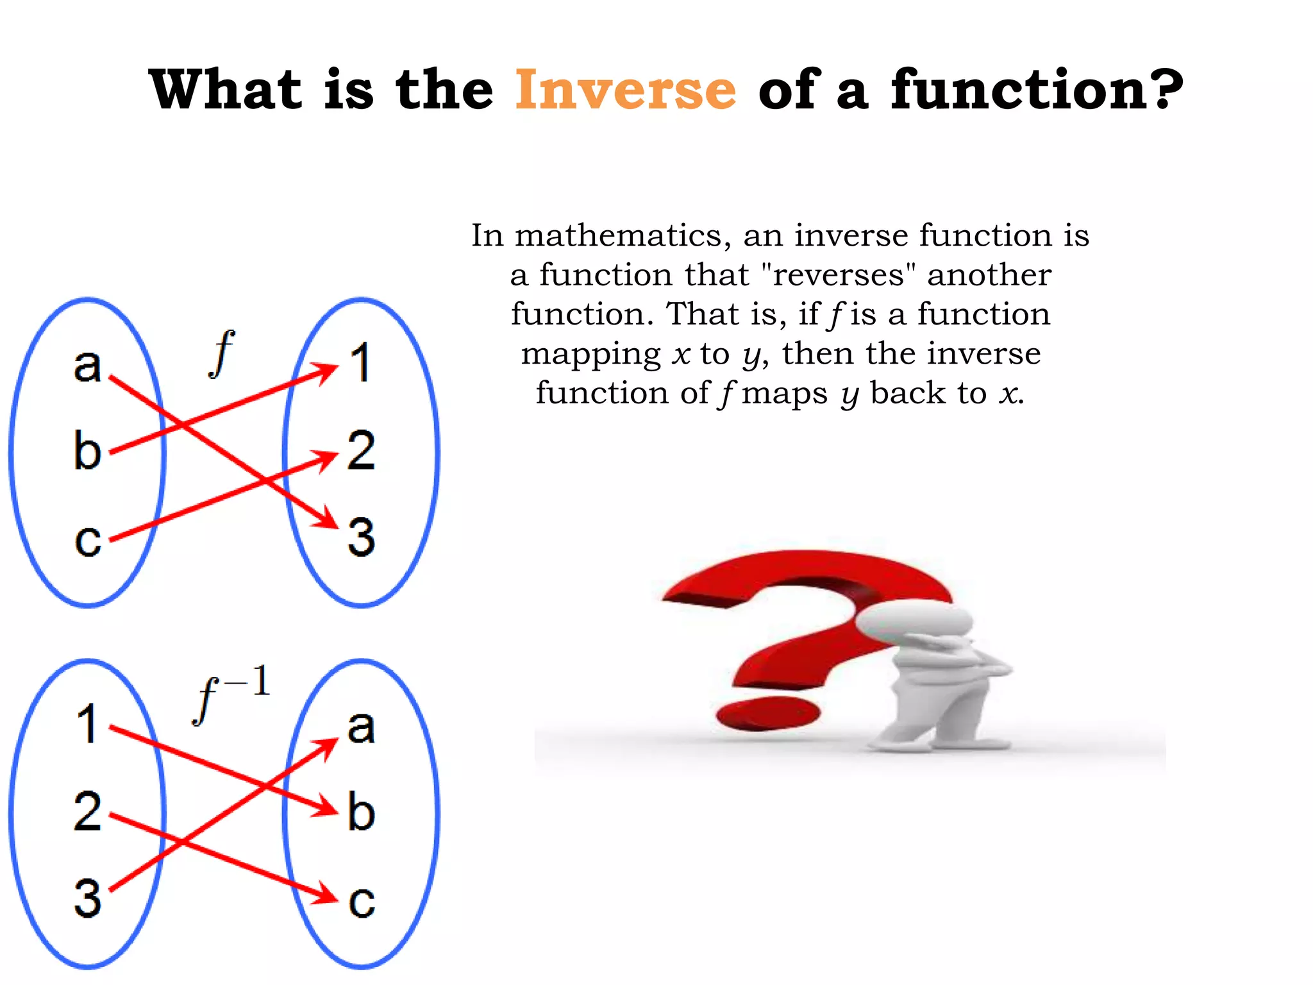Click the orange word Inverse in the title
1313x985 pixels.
pos(625,90)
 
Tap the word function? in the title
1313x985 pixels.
pos(1037,90)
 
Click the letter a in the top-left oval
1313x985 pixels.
pos(88,366)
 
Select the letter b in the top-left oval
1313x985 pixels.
pos(88,450)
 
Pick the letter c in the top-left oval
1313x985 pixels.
pos(88,540)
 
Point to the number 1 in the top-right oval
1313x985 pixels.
pos(361,363)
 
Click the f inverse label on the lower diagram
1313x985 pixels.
pos(231,694)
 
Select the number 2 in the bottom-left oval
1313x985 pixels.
pos(88,812)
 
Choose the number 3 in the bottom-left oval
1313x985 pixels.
pos(88,898)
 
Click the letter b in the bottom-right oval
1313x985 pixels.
pos(361,812)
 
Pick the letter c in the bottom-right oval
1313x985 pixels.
pos(361,901)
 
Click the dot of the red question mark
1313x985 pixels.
pos(767,714)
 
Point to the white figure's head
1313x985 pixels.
pos(914,620)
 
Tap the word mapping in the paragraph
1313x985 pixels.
pos(590,355)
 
